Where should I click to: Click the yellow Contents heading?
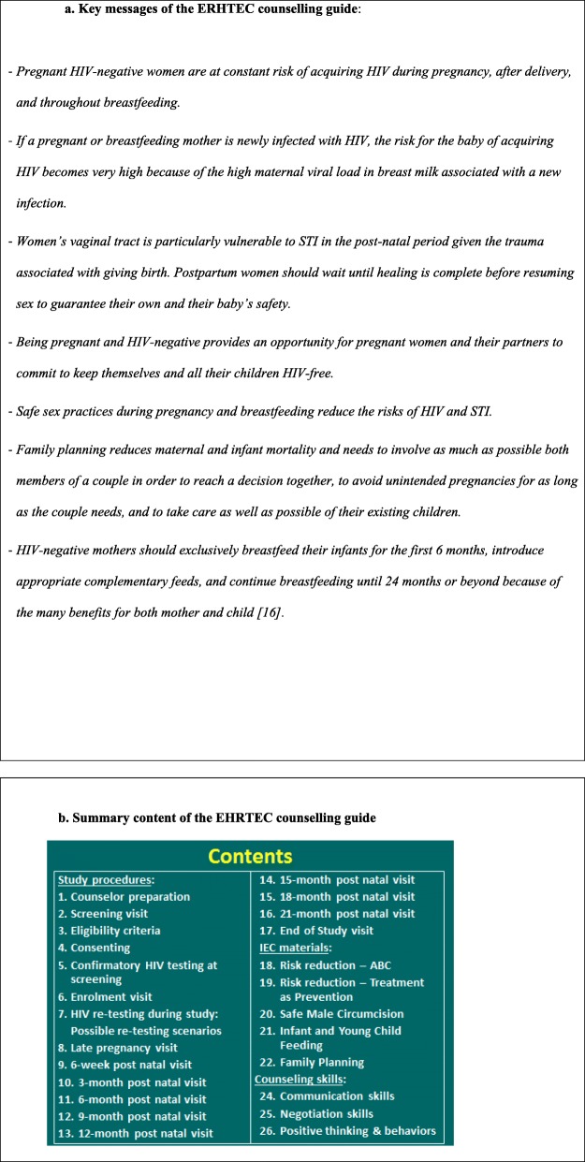(250, 856)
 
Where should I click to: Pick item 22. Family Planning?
(310, 1063)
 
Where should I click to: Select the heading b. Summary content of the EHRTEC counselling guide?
(217, 817)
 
